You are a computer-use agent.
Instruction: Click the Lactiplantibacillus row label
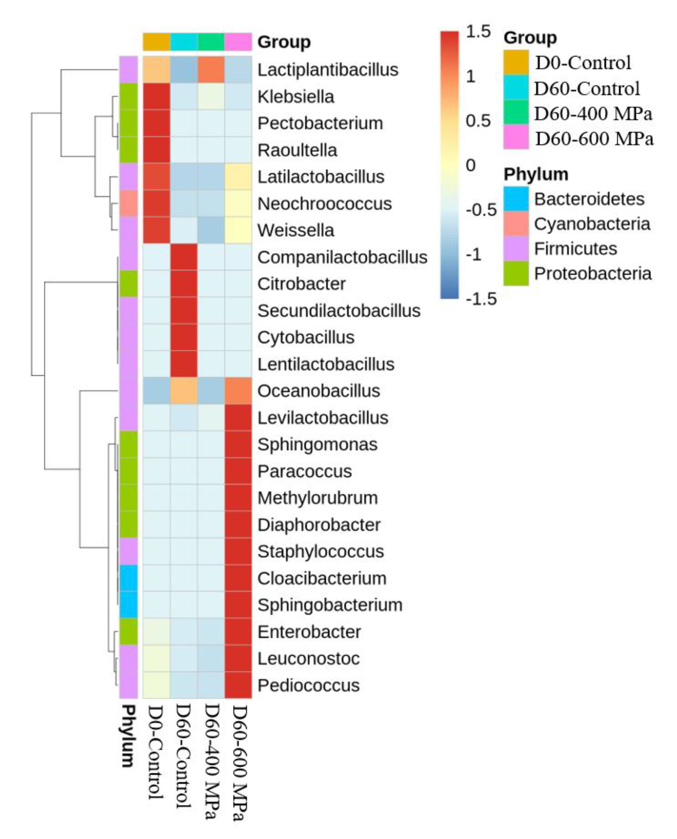328,70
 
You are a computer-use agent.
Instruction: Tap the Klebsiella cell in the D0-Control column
156,96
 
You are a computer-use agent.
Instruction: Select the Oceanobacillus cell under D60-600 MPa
238,391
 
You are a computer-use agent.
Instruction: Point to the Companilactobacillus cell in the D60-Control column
184,257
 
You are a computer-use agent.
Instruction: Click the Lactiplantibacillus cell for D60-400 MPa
211,70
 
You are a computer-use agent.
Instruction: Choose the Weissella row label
296,230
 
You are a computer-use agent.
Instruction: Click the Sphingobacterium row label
330,605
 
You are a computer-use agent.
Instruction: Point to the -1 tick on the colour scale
474,255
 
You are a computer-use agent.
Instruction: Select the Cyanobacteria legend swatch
515,224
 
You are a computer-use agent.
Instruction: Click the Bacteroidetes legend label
589,199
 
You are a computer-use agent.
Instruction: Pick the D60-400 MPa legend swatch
515,113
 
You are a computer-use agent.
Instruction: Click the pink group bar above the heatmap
238,42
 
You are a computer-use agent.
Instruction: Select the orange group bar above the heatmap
156,42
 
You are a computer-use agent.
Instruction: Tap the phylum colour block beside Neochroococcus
128,203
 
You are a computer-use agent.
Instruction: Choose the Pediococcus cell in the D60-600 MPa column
238,685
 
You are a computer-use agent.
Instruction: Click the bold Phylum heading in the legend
535,174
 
